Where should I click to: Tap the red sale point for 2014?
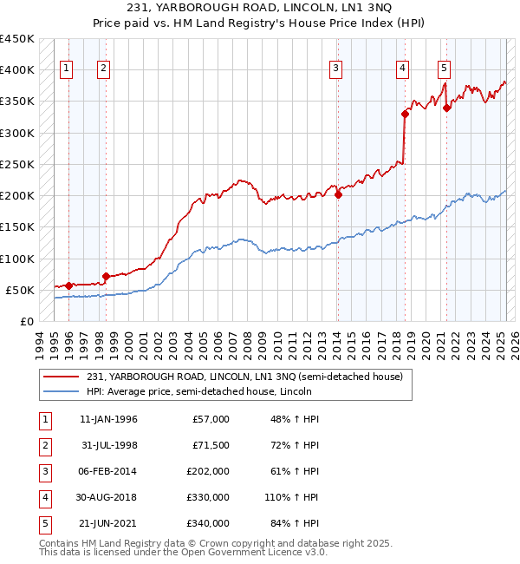(338, 194)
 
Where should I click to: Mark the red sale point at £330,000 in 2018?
(405, 114)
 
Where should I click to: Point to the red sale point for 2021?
(447, 108)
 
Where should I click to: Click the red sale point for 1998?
(106, 277)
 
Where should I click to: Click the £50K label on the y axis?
(21, 290)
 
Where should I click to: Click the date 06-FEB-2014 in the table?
(108, 471)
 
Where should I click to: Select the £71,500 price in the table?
(211, 445)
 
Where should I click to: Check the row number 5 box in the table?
(42, 523)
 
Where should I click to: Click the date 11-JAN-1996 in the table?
(108, 419)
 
